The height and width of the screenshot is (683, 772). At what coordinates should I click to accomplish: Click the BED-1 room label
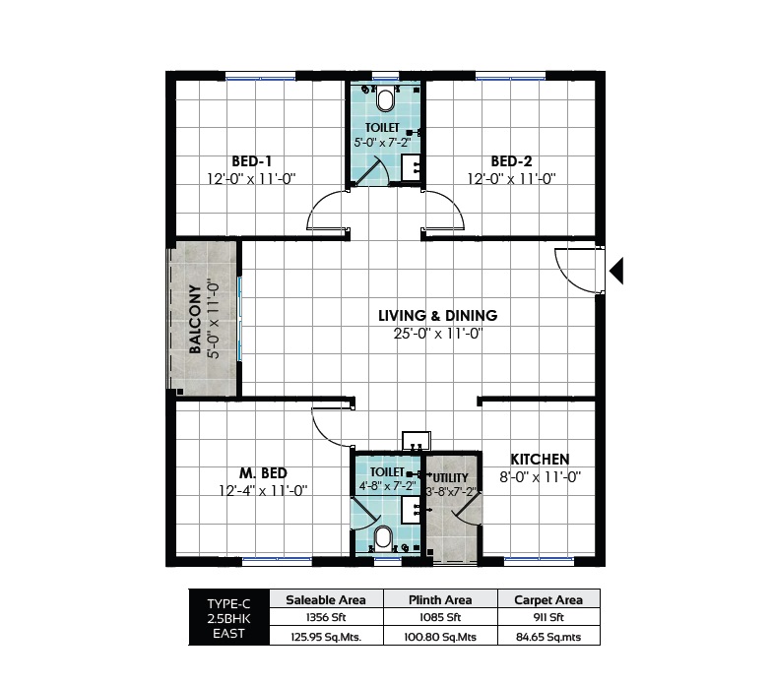click(x=251, y=161)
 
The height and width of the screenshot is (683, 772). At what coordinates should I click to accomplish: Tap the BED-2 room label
click(x=512, y=161)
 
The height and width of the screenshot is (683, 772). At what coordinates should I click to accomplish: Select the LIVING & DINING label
click(x=437, y=316)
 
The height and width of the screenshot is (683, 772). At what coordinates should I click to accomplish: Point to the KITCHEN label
click(x=540, y=459)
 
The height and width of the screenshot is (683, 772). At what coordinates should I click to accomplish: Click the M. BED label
click(x=263, y=472)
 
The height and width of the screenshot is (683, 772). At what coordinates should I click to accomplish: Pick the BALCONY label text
click(x=195, y=320)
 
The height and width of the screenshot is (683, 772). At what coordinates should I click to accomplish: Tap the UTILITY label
click(x=451, y=478)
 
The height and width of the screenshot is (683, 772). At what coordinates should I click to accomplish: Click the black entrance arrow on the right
click(x=617, y=270)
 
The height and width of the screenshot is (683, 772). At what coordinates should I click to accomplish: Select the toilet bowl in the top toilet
click(x=386, y=101)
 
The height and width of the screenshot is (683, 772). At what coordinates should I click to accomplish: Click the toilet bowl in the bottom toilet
click(x=385, y=537)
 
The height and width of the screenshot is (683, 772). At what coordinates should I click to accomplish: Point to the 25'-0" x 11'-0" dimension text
click(x=437, y=334)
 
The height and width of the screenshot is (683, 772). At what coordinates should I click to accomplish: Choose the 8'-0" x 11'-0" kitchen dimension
click(x=540, y=476)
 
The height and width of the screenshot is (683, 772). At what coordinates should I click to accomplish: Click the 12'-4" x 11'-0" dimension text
click(x=263, y=490)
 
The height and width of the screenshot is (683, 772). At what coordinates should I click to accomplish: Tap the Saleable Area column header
click(x=325, y=599)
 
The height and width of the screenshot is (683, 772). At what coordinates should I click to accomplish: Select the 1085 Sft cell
click(x=440, y=618)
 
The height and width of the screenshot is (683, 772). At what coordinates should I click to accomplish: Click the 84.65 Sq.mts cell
click(x=547, y=636)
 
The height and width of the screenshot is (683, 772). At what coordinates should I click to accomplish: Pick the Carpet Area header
click(x=547, y=599)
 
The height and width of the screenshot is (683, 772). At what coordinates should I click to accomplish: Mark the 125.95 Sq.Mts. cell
click(x=325, y=636)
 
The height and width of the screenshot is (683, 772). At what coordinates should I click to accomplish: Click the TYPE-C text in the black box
click(x=228, y=602)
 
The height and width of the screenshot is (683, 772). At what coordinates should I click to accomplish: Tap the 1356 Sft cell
click(x=325, y=618)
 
